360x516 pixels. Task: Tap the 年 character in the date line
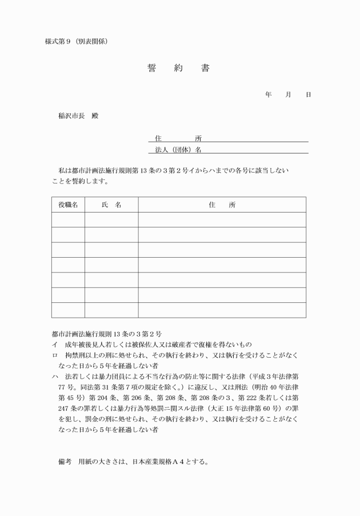click(x=269, y=94)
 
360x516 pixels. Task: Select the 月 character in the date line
click(x=289, y=94)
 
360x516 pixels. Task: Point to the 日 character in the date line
click(x=309, y=94)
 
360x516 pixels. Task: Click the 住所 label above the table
click(x=178, y=138)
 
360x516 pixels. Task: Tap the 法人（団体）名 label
click(x=178, y=150)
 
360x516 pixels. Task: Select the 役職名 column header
click(x=68, y=205)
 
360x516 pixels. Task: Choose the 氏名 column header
click(x=111, y=205)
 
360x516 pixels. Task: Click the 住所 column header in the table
click(x=222, y=205)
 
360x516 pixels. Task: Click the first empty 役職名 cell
click(x=68, y=219)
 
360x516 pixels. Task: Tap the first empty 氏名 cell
click(x=111, y=219)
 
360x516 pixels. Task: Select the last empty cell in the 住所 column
click(x=222, y=310)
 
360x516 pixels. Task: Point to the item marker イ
click(x=54, y=345)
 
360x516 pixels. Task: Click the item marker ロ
click(x=54, y=355)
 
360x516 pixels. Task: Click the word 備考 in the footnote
click(x=64, y=462)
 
